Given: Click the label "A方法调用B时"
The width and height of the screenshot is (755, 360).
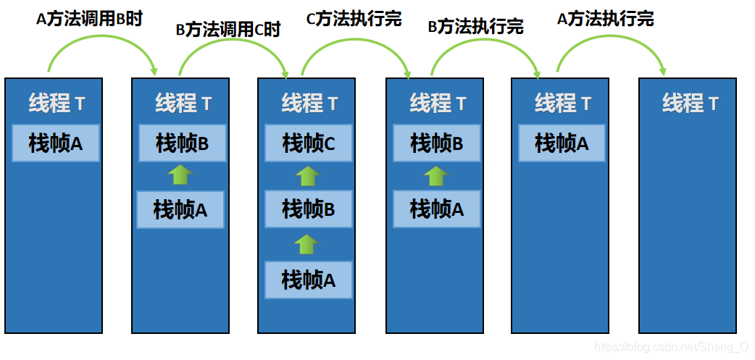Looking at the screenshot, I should (89, 19).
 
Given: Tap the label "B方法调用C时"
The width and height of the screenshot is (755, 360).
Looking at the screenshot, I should (228, 30).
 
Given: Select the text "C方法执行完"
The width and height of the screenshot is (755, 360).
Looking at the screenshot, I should (354, 18).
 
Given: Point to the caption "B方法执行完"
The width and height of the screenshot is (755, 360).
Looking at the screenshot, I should (476, 28).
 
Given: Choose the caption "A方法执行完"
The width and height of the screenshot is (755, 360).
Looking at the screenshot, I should (605, 19).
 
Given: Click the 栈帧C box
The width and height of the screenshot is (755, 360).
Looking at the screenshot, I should (309, 143).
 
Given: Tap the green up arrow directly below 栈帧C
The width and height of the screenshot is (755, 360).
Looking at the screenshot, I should (308, 175).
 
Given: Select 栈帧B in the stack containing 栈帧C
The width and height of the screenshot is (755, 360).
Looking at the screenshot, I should (309, 210).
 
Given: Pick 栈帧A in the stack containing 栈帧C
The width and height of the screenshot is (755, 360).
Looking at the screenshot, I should (309, 280).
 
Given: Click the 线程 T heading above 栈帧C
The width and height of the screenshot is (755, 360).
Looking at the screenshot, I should (309, 104).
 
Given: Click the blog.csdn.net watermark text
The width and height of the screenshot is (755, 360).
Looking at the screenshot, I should (671, 348).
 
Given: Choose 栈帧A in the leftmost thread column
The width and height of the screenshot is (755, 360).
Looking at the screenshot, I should (56, 143).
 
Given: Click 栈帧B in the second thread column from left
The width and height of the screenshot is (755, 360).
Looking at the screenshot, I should (182, 143).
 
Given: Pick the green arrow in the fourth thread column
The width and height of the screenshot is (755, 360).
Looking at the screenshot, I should (435, 175).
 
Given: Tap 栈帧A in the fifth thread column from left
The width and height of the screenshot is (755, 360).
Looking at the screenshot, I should (562, 143).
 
